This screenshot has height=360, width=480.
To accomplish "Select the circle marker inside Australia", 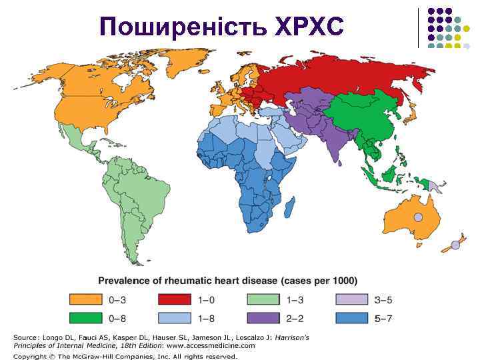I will click(418, 217).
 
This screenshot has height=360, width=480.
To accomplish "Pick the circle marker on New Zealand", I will click(455, 245).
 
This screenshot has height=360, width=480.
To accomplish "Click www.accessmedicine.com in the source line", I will click(211, 346).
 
